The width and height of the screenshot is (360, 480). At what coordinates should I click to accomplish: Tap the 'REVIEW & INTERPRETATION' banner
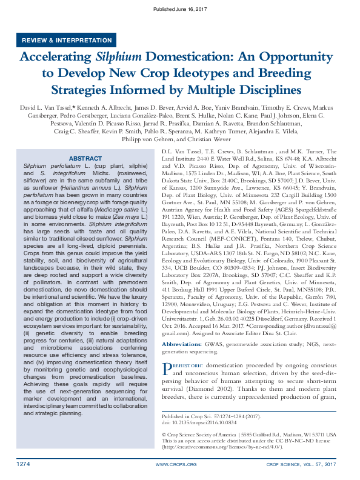67,40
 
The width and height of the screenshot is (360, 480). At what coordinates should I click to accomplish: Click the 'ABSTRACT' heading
85,158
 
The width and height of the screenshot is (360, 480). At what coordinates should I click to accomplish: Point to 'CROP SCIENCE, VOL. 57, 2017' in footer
301,464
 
